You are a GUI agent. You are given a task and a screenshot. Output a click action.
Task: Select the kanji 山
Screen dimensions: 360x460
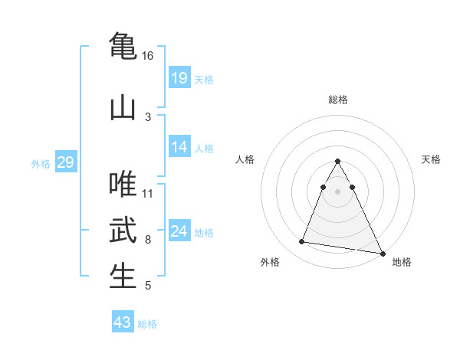click(123, 106)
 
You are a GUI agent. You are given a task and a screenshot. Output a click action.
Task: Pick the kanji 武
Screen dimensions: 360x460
click(123, 230)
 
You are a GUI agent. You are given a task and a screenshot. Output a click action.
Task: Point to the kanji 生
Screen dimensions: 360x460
click(123, 276)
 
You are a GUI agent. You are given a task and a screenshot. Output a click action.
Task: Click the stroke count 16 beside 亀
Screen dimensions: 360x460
click(147, 56)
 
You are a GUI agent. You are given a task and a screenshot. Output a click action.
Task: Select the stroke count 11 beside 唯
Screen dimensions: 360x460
click(148, 193)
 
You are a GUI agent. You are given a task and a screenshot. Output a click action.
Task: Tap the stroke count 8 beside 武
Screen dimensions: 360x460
click(148, 240)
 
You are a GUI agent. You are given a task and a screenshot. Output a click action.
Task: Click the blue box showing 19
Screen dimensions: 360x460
click(179, 77)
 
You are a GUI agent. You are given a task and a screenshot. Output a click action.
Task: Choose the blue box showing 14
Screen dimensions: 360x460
click(179, 147)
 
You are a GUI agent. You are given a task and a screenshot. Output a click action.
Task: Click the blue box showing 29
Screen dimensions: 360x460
click(65, 162)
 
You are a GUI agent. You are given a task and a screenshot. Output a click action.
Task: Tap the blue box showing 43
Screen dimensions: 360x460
click(123, 322)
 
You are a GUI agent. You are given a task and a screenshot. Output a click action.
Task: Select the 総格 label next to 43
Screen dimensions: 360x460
click(147, 324)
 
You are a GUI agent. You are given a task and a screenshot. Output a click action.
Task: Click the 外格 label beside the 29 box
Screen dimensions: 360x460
click(41, 163)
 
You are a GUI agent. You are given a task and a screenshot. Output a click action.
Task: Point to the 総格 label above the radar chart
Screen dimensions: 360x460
click(337, 100)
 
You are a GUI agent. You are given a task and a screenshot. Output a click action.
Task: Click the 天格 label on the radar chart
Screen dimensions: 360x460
click(432, 159)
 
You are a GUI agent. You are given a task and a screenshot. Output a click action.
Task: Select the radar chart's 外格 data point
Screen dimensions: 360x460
click(302, 242)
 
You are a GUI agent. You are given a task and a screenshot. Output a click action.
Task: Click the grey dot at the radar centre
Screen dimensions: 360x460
click(337, 191)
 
